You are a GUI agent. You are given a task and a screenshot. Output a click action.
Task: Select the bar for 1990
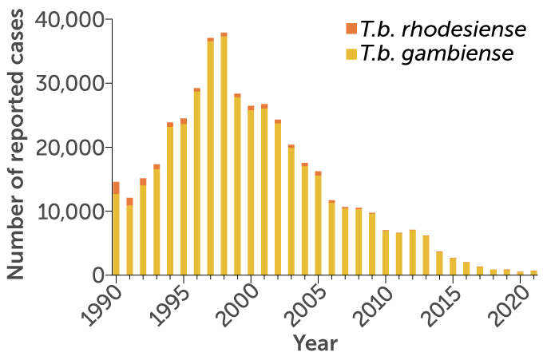pos(116,231)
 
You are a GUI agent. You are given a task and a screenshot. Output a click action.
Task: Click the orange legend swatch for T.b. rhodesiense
pos(351,30)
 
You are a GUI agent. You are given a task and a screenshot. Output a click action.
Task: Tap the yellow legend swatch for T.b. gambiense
pos(351,53)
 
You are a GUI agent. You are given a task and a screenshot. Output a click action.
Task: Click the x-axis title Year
pos(315,343)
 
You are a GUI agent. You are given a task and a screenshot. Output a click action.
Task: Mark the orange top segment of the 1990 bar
pos(116,188)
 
